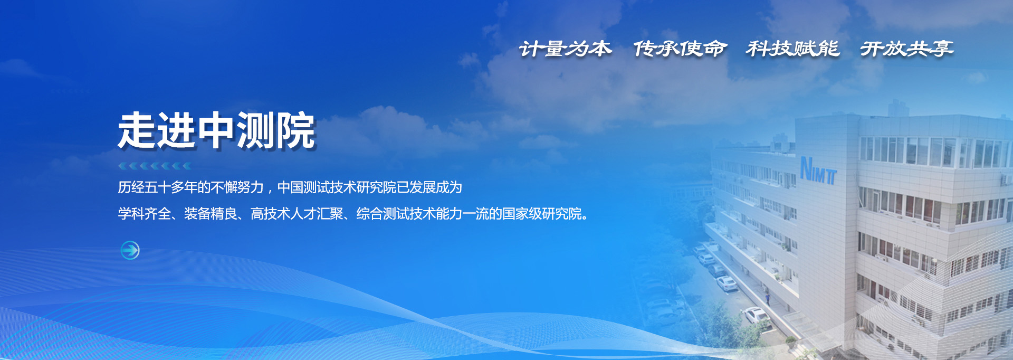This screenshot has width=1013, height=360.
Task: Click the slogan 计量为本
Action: click(x=565, y=49)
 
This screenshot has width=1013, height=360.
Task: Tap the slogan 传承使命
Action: click(x=680, y=49)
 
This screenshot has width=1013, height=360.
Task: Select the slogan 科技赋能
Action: click(x=792, y=49)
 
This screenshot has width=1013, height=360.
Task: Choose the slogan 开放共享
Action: click(x=906, y=49)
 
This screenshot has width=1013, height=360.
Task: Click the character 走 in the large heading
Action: click(x=137, y=130)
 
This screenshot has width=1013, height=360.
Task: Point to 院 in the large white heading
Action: click(x=295, y=130)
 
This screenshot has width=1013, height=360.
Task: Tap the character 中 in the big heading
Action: click(x=216, y=130)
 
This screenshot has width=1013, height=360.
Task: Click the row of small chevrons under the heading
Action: click(x=155, y=166)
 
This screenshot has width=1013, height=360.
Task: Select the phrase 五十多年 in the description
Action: click(x=170, y=187)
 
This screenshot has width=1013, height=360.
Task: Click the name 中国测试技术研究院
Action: click(x=337, y=187)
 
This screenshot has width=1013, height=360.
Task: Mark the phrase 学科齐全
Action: click(x=144, y=214)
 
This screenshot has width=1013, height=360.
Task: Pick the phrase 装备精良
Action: click(x=211, y=214)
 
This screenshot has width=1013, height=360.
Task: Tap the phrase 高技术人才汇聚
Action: click(x=297, y=214)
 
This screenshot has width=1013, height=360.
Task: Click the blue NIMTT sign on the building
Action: click(x=818, y=170)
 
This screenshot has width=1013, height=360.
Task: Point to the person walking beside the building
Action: click(x=768, y=298)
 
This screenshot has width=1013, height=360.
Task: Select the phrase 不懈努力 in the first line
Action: click(x=237, y=187)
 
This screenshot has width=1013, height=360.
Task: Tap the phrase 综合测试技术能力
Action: click(x=409, y=214)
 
